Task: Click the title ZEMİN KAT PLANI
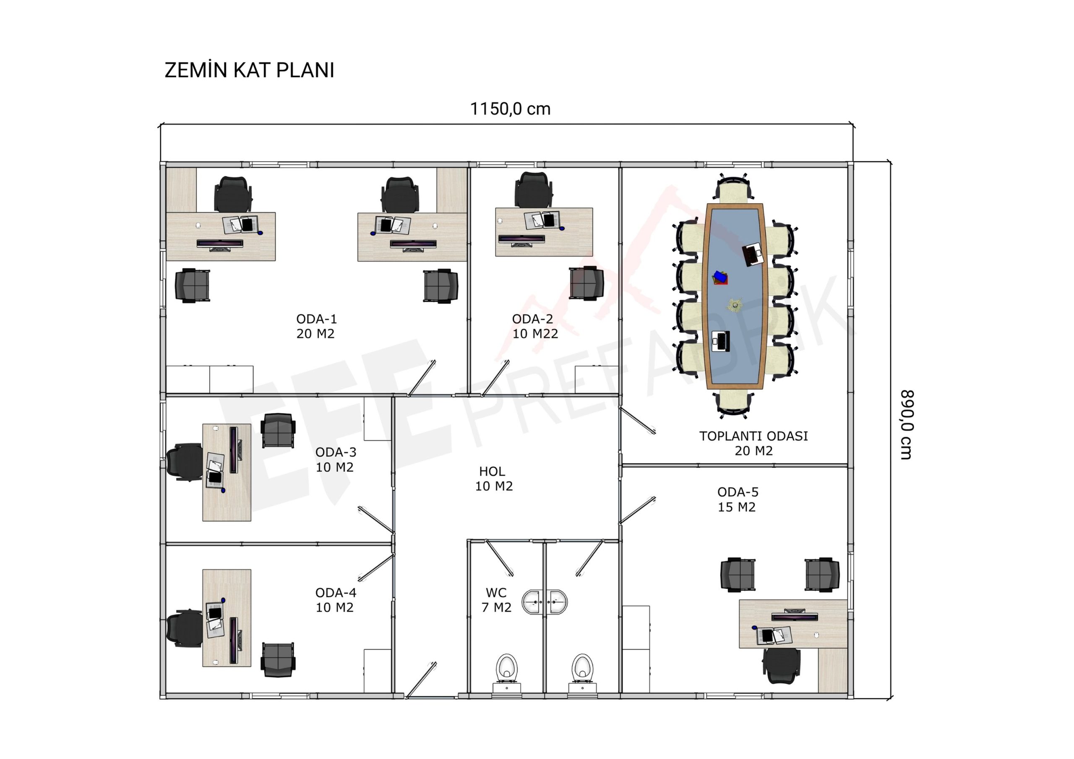coord(249,70)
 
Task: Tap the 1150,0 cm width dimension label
coord(510,109)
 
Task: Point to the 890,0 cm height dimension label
coord(907,424)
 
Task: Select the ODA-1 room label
coord(317,319)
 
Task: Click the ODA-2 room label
coord(532,319)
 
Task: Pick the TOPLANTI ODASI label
coord(753,436)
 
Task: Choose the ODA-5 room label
coord(738,492)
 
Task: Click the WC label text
coord(496,593)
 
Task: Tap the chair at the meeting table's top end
coord(733,189)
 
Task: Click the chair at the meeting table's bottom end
coord(733,403)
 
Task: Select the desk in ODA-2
coord(544,232)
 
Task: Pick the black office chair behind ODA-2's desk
coord(533,190)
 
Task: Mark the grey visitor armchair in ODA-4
coord(278,660)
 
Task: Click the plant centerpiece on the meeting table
coord(735,305)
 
